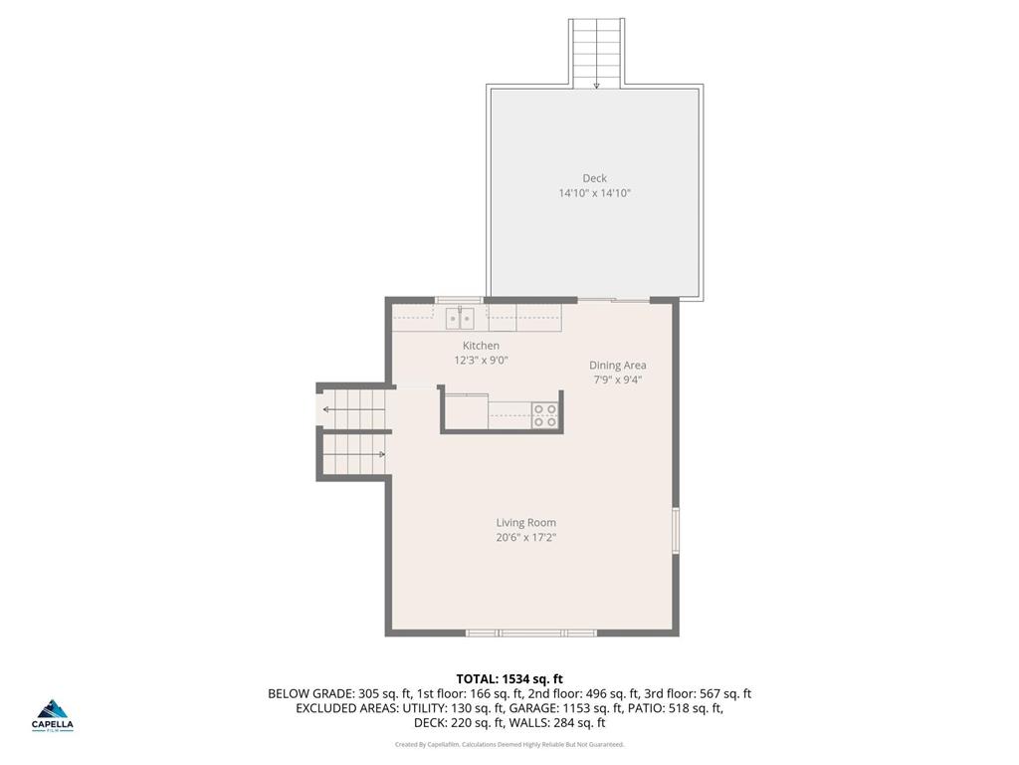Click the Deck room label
[594, 178]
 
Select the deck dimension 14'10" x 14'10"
[594, 193]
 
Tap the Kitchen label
[481, 346]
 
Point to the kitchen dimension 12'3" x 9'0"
[481, 361]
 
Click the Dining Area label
[617, 366]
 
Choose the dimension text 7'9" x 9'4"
[617, 380]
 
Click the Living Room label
[525, 523]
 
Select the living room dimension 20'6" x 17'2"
[525, 538]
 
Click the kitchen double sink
[459, 319]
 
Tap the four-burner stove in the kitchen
[544, 415]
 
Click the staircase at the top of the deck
[596, 53]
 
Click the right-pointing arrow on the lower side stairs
[381, 454]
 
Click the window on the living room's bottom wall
[531, 633]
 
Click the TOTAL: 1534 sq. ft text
[509, 679]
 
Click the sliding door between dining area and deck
[614, 300]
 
